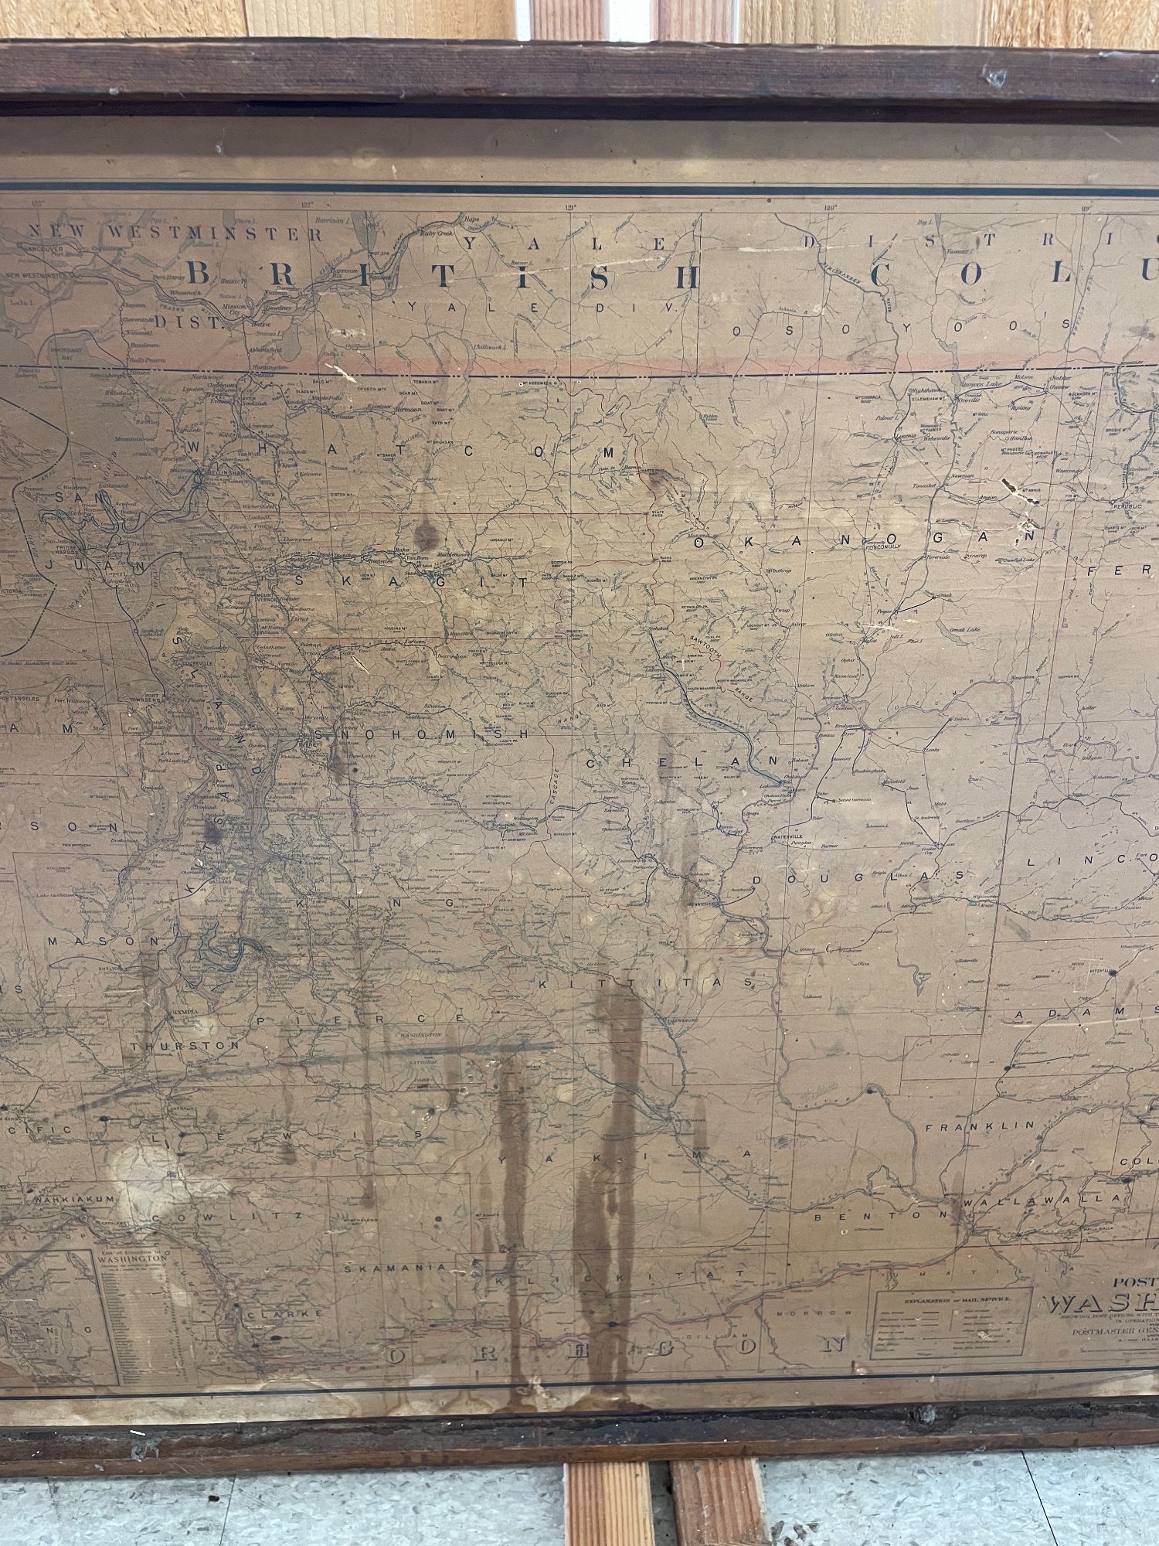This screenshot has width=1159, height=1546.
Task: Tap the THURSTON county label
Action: (x=185, y=1045)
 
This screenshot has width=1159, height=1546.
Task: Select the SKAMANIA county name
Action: (x=395, y=1268)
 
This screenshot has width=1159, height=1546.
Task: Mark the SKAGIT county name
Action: (x=457, y=583)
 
